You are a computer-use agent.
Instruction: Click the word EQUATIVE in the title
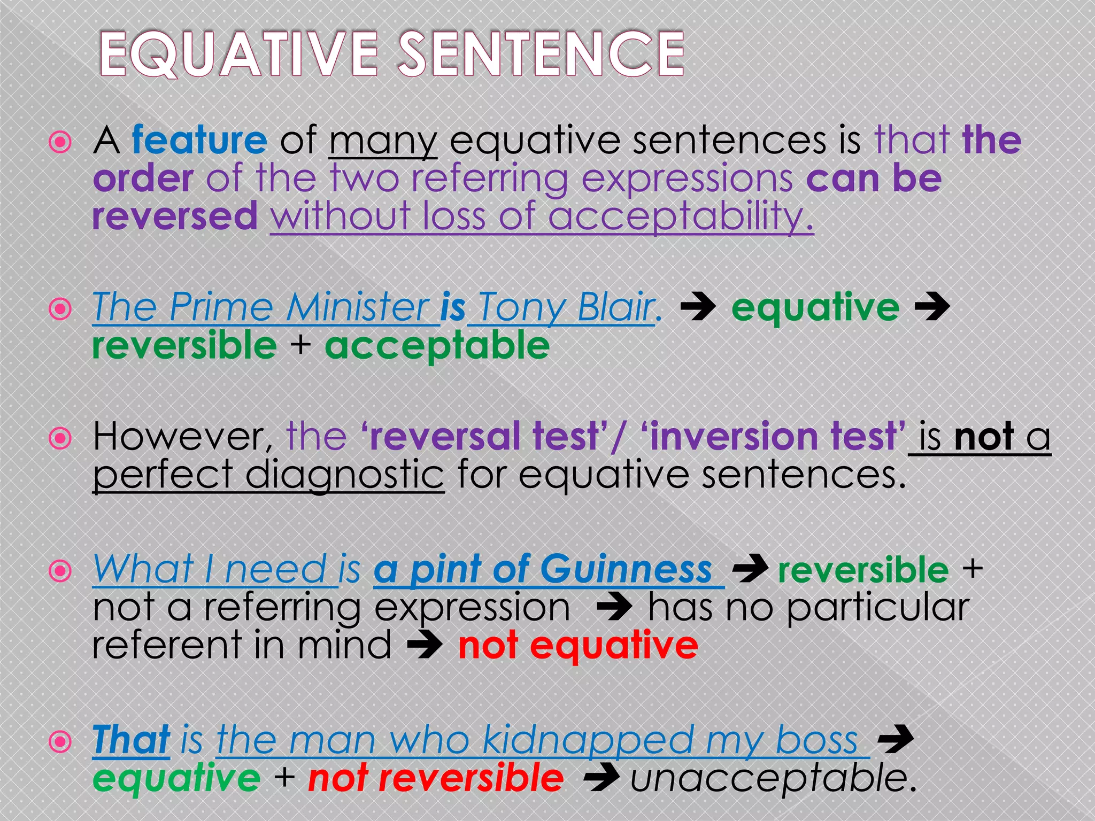pyautogui.click(x=239, y=54)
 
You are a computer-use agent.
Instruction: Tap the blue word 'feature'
pyautogui.click(x=199, y=140)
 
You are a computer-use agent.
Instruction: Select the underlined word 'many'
pyautogui.click(x=383, y=142)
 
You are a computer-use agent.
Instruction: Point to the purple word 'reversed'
pyautogui.click(x=175, y=216)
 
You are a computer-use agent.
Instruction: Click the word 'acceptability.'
pyautogui.click(x=680, y=217)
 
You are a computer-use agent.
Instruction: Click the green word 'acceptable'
pyautogui.click(x=437, y=346)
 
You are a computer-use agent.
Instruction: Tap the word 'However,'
pyautogui.click(x=182, y=437)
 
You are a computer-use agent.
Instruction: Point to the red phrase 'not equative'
pyautogui.click(x=578, y=646)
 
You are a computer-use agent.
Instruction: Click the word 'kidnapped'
pyautogui.click(x=588, y=741)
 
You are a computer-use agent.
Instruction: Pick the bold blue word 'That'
pyautogui.click(x=131, y=741)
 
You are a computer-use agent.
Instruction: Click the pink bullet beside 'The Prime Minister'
pyautogui.click(x=60, y=309)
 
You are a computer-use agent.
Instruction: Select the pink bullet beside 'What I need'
pyautogui.click(x=60, y=571)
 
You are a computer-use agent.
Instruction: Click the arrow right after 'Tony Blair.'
pyautogui.click(x=698, y=308)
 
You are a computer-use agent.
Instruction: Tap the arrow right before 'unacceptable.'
pyautogui.click(x=602, y=778)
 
